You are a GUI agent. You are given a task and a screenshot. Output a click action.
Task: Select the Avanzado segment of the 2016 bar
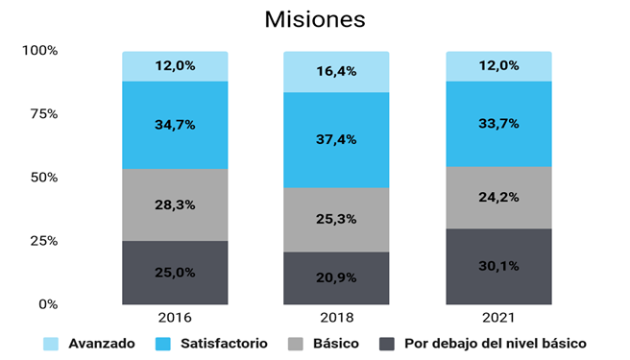[x=175, y=66]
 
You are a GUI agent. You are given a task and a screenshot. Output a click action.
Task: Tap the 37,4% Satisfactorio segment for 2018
[x=336, y=139]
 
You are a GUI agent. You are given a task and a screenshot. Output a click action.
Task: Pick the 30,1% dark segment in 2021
[x=498, y=266]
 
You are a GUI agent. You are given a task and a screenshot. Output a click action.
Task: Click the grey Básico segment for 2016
[x=175, y=204]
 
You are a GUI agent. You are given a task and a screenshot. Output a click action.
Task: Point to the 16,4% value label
[x=336, y=72]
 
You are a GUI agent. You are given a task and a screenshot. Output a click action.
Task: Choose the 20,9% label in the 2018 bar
[x=336, y=278]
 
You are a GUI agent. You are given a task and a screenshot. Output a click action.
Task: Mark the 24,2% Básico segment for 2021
[x=498, y=198]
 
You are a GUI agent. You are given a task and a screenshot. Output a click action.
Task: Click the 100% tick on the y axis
[x=41, y=50]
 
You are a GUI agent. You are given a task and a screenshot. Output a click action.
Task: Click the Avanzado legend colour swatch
[x=52, y=343]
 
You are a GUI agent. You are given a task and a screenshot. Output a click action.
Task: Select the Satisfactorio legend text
[x=224, y=343]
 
